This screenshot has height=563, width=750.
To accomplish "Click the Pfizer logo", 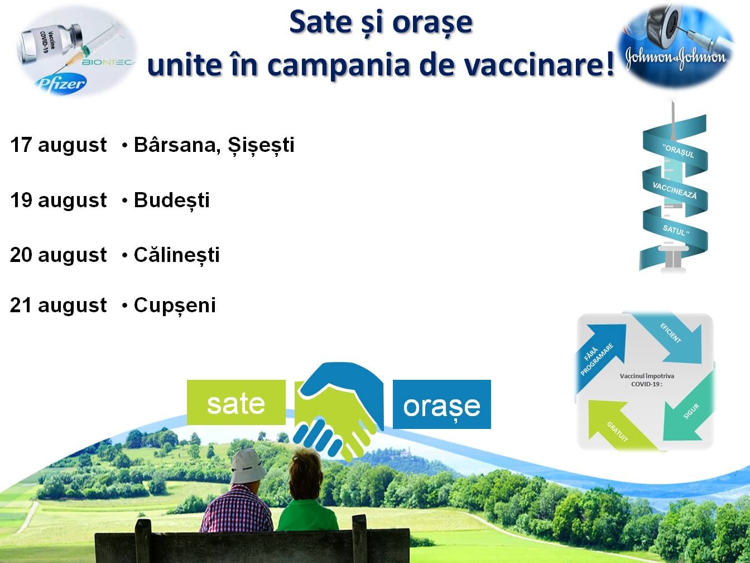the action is point(61,84).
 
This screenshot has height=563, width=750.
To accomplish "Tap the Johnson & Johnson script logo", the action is point(676,57).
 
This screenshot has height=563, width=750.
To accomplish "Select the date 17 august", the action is point(59,145).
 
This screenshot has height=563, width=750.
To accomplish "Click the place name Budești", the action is point(171,201).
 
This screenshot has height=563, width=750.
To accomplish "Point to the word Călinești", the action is point(177,255).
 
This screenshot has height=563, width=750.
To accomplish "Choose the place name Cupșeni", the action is point(175,306).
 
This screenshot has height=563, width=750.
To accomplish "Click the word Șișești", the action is point(261,145).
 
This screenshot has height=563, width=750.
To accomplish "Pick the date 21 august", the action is point(59,306).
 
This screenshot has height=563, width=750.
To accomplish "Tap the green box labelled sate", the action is point(236,402).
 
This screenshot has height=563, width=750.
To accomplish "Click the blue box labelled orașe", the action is point(442,404).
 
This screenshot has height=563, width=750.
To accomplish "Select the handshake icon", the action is point(338,410).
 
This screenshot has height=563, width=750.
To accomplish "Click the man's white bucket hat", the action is point(248,466).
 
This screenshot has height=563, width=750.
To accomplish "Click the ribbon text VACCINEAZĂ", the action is point(675,190).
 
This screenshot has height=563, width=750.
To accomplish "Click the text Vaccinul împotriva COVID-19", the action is point(647,380).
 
